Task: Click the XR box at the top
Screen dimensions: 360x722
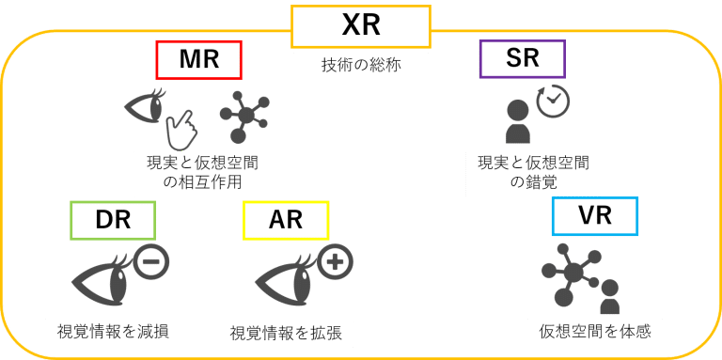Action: pos(361,26)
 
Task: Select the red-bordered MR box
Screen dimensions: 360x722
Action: pos(198,60)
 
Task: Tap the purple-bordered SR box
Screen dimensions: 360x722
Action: pos(522,58)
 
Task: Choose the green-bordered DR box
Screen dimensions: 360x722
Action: pos(113,220)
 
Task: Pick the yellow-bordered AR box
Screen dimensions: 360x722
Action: pos(286,220)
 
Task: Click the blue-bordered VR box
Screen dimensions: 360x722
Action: pos(594,216)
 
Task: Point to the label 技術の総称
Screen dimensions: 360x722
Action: pos(361,66)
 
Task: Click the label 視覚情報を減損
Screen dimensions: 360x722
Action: pos(113,331)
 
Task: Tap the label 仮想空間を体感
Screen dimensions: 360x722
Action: pos(595,331)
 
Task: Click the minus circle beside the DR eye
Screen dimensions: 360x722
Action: pos(150,260)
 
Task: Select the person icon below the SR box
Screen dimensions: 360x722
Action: pos(518,122)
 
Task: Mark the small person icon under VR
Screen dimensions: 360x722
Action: pos(609,298)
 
